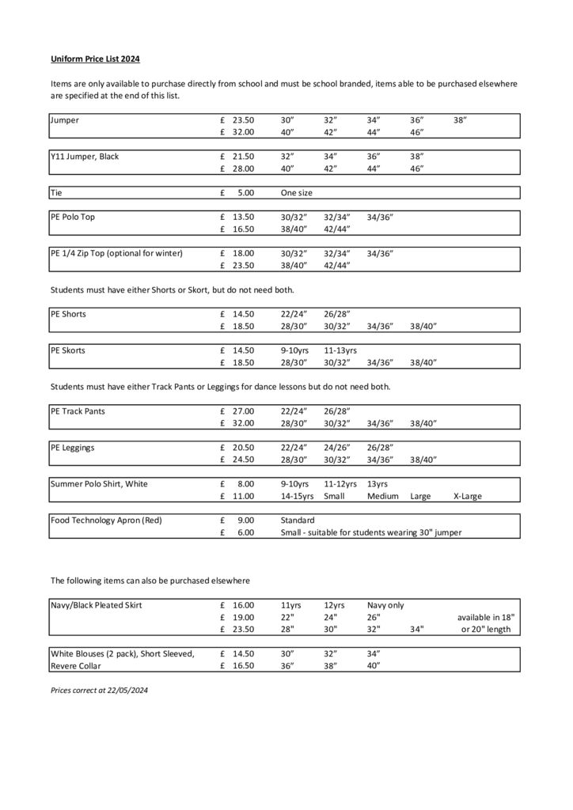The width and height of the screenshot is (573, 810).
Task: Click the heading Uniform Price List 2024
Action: point(96,59)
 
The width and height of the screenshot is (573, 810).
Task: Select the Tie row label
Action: point(56,192)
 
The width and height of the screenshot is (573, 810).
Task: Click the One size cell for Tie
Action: point(297,192)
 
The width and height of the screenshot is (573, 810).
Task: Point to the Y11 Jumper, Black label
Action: point(85,157)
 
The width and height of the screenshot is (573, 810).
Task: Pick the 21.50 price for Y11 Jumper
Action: point(243,157)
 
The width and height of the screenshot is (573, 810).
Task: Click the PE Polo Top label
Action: point(73,217)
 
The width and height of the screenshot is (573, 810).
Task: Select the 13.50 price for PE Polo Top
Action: point(243,217)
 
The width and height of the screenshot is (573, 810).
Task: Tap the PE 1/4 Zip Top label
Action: point(116,253)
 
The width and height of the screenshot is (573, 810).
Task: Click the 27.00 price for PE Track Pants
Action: point(243,411)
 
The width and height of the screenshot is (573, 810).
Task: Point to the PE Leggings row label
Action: point(73,448)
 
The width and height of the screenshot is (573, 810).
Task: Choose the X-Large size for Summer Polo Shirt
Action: point(467,497)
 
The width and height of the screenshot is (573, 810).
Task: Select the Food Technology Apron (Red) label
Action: point(107,520)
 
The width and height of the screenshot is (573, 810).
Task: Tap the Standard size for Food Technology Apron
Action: point(298,520)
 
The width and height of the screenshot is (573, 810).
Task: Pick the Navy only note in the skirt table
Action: point(385,605)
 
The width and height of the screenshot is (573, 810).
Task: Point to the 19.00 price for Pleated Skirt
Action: point(243,618)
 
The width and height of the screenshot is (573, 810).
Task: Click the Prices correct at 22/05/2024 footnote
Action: point(100,690)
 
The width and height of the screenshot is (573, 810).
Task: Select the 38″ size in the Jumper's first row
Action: point(461,120)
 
